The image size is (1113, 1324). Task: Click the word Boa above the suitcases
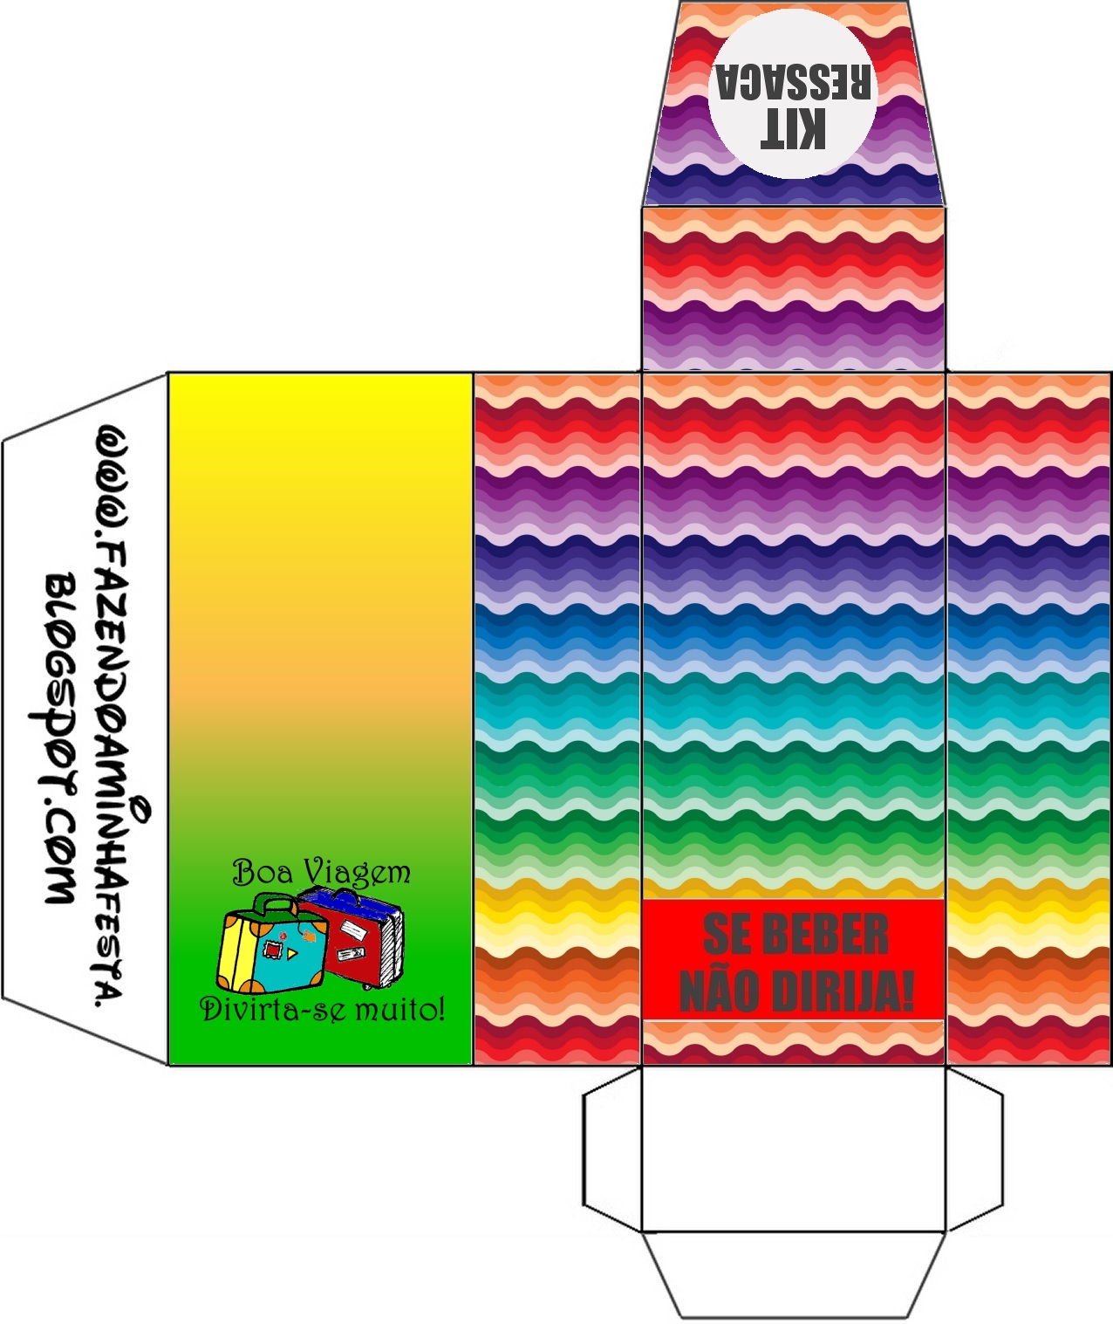[262, 872]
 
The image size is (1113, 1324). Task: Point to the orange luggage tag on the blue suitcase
[309, 936]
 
